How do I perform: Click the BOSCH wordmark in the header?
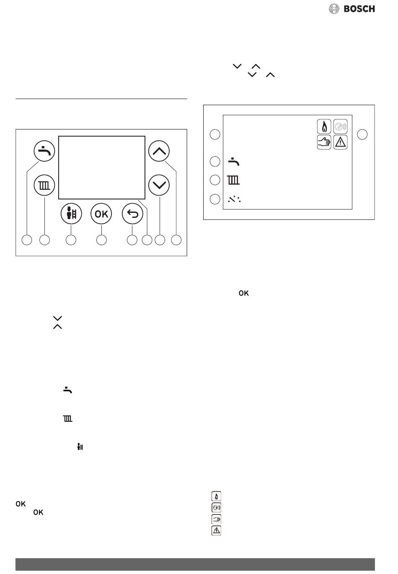[x=359, y=9]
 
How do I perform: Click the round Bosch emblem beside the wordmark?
[x=334, y=9]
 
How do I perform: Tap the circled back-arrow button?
[x=132, y=214]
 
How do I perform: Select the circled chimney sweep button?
[x=71, y=214]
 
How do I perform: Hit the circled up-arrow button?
[x=159, y=151]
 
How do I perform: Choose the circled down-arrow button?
[x=159, y=185]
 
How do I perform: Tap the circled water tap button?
[x=44, y=151]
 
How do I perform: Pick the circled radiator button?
[x=44, y=185]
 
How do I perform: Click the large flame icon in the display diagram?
[x=324, y=127]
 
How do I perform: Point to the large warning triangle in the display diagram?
[x=340, y=142]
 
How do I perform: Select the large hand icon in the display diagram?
[x=324, y=142]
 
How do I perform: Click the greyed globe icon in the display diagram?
[x=340, y=127]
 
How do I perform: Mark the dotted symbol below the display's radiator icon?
[x=234, y=199]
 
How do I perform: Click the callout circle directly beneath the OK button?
[x=101, y=240]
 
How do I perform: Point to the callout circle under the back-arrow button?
[x=132, y=240]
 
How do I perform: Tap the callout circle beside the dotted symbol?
[x=215, y=199]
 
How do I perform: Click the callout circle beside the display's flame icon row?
[x=215, y=134]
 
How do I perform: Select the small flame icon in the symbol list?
[x=216, y=496]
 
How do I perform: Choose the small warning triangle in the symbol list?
[x=216, y=530]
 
